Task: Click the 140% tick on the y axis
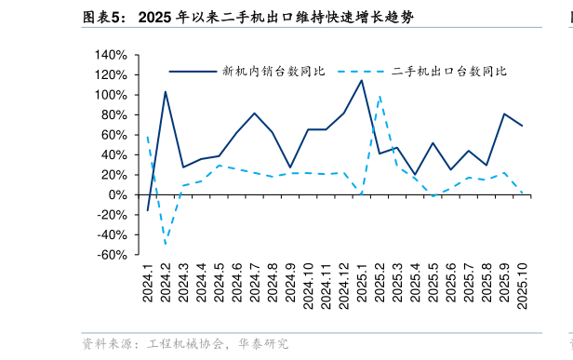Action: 110,55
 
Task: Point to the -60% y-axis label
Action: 110,255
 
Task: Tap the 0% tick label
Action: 117,195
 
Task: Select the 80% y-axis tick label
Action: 113,115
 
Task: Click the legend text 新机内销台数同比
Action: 273,72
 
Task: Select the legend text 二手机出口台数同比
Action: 449,72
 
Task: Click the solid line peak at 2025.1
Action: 362,80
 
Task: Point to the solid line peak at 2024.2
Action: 166,91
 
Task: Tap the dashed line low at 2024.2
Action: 166,245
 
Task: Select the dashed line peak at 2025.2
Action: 380,96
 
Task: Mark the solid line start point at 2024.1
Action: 148,211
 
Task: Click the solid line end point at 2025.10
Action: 522,126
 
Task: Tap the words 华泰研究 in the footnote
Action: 264,344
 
